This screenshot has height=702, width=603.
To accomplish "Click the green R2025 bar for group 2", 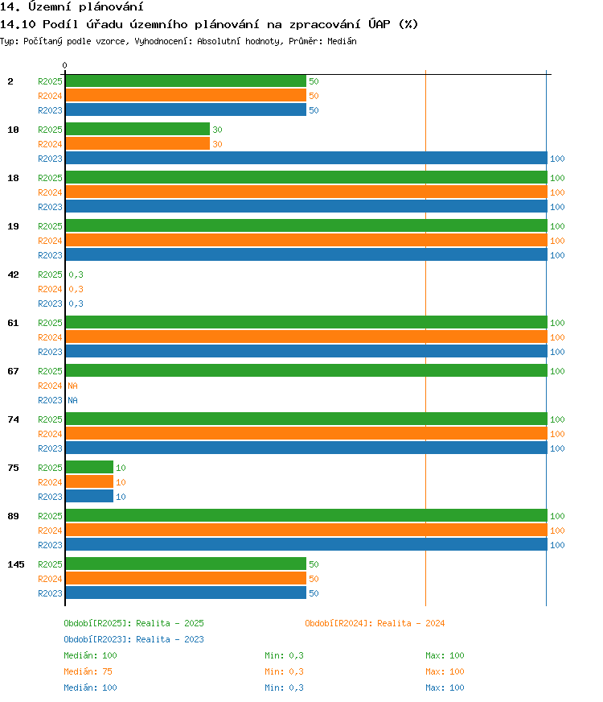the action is [x=186, y=81].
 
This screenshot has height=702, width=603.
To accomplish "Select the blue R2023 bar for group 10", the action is [x=306, y=158].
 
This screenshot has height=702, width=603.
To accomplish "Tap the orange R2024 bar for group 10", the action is [x=137, y=144].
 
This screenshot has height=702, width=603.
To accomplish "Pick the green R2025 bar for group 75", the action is [x=89, y=467].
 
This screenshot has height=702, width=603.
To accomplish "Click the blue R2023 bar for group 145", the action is [x=186, y=593].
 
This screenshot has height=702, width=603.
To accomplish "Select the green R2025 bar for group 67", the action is [x=306, y=370].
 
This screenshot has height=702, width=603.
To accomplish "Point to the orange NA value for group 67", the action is [x=72, y=386].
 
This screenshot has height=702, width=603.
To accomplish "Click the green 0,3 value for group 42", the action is [x=76, y=275].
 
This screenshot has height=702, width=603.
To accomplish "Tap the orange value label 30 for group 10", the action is [x=217, y=144].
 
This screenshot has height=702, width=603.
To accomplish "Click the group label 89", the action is [x=14, y=516].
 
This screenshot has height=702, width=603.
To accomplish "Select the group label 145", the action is [x=16, y=564].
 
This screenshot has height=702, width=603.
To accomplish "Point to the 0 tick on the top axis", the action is [x=65, y=66].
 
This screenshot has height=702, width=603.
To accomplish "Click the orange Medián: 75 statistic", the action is [x=88, y=671].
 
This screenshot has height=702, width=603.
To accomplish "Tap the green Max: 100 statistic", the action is [x=445, y=655].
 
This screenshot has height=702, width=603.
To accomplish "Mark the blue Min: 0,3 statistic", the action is [x=284, y=688].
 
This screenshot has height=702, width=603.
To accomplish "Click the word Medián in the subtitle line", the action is [x=342, y=41].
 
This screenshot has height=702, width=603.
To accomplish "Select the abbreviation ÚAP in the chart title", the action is [x=379, y=23].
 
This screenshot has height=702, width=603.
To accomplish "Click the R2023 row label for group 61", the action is [x=50, y=352].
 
